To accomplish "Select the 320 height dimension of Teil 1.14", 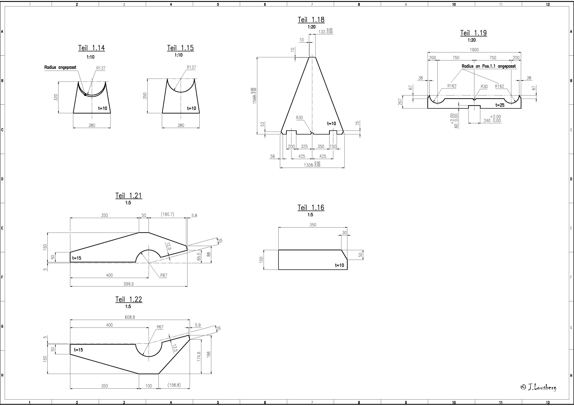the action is (x=56, y=97).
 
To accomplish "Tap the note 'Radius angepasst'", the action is (x=60, y=67).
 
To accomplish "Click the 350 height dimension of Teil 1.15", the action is (x=145, y=96).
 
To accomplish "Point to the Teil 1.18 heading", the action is (x=311, y=20).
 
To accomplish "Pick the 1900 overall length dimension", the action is (x=474, y=50).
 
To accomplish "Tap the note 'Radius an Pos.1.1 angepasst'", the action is (x=489, y=66).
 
